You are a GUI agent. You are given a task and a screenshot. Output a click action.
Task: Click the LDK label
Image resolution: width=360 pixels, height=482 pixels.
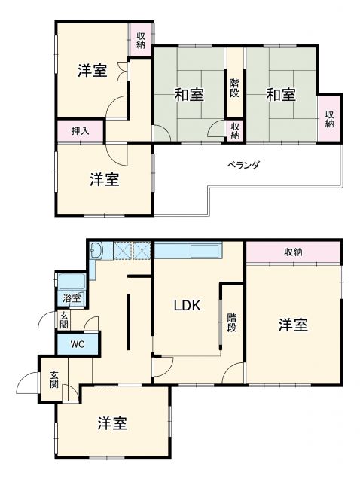(x=187, y=306)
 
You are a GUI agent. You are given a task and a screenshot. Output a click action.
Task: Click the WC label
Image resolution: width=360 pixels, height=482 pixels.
(x=77, y=346)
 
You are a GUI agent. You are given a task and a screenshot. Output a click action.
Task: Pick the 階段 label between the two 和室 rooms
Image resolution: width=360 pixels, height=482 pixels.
(x=235, y=88)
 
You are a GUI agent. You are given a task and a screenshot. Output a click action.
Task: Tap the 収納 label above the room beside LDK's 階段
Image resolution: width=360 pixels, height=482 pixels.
(x=294, y=252)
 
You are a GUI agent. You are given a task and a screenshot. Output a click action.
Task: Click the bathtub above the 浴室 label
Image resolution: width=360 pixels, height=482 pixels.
(x=74, y=282)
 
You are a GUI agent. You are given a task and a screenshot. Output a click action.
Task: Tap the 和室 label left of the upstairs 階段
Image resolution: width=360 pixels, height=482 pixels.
(x=188, y=95)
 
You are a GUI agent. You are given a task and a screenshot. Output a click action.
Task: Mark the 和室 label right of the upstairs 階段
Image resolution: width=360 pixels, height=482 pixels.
(x=280, y=95)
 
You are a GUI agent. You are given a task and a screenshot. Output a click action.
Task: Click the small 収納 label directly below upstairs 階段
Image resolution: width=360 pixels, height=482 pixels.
(x=235, y=131)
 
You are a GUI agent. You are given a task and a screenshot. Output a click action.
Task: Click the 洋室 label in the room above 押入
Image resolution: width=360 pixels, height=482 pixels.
(x=92, y=72)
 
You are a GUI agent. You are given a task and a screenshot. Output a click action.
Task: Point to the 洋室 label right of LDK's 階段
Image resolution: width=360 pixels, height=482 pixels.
(x=294, y=325)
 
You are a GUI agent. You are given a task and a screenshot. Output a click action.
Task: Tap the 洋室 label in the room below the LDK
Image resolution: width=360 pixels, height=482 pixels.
(x=111, y=423)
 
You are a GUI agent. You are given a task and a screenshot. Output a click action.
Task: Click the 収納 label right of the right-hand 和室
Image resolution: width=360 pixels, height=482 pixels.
(x=330, y=118)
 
